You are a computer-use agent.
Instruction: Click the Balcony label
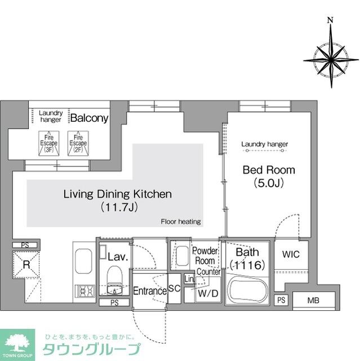(x=89, y=118)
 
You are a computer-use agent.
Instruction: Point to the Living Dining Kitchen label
(x=117, y=195)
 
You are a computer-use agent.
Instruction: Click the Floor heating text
(x=181, y=222)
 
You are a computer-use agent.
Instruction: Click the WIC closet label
(x=291, y=254)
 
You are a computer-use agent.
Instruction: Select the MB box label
(x=312, y=300)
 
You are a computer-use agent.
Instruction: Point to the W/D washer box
(x=203, y=293)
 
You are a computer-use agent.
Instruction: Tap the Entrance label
(x=149, y=291)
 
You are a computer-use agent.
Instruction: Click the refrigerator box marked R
(x=25, y=263)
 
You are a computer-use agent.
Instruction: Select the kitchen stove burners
(x=86, y=292)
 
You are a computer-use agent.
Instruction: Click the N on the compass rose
(x=330, y=21)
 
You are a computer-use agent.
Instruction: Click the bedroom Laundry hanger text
(x=264, y=144)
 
